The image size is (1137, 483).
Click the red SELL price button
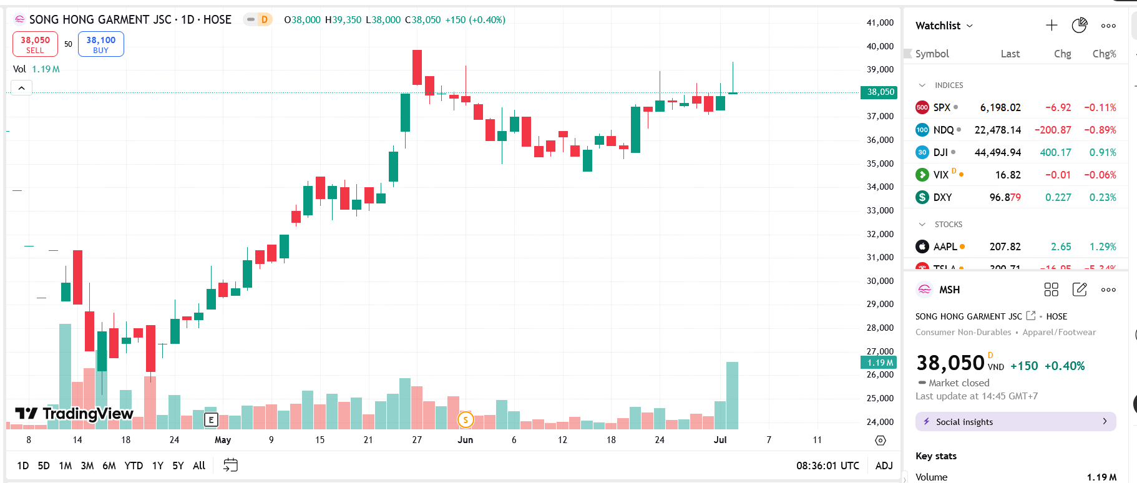[35, 44]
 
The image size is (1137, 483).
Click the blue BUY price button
[100, 44]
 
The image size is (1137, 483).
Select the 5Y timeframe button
[178, 466]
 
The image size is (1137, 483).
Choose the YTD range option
[134, 466]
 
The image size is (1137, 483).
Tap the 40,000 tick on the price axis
[880, 46]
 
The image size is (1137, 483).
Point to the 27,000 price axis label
[880, 351]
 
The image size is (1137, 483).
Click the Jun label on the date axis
[465, 440]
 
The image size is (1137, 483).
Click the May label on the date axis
[223, 440]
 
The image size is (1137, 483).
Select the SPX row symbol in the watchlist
[941, 107]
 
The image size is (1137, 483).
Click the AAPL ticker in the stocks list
[945, 246]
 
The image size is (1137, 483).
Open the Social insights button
[1015, 422]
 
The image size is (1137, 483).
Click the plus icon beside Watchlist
[1052, 26]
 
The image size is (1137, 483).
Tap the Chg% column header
[1104, 54]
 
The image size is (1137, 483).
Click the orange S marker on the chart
[466, 420]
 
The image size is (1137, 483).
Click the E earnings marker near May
[211, 420]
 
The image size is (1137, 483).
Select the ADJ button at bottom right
[884, 466]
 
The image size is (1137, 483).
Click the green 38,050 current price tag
[880, 92]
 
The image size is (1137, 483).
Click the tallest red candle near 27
[417, 67]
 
